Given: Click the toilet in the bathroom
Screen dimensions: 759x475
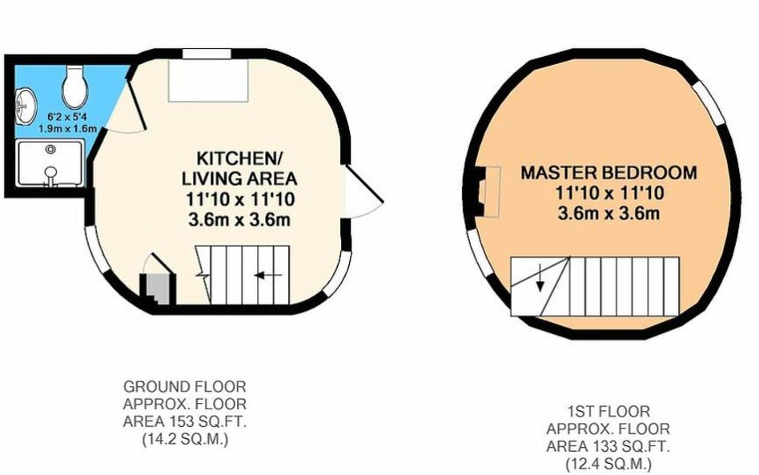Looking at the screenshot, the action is click(75, 87).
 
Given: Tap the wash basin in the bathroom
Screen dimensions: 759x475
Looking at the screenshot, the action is click(25, 105).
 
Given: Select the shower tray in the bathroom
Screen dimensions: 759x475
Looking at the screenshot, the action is click(50, 163).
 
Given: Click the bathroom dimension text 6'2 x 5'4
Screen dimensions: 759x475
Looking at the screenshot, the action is click(67, 117).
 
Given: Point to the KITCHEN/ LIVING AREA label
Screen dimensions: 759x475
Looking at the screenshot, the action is click(239, 168).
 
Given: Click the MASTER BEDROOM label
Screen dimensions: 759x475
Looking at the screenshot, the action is click(609, 173).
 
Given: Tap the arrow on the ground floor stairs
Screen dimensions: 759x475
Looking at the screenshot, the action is click(268, 276).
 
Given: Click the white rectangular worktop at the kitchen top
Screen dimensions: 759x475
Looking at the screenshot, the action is click(208, 80).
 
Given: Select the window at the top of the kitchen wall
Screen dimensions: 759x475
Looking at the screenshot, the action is click(207, 54).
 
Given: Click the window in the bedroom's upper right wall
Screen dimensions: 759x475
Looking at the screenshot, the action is click(710, 102).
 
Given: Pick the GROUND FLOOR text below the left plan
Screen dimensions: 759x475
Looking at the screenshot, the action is click(184, 387).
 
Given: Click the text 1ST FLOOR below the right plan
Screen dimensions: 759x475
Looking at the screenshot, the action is click(608, 412).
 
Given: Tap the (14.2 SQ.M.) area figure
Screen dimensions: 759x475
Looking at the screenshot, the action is click(185, 440).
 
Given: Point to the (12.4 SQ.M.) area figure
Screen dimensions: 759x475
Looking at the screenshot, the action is click(608, 465).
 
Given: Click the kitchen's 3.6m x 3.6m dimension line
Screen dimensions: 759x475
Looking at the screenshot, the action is click(239, 219).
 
